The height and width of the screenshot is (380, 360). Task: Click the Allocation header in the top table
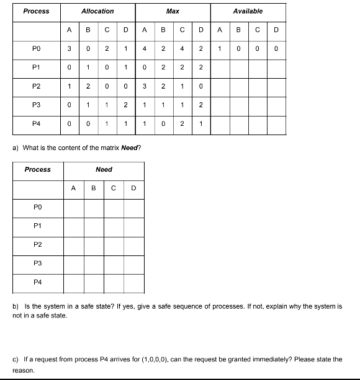pos(97,11)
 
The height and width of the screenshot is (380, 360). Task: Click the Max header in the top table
pos(173,11)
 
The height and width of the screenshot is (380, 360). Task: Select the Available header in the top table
pos(248,11)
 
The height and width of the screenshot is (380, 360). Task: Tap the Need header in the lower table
pos(104,169)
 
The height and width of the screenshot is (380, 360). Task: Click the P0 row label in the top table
pos(36,48)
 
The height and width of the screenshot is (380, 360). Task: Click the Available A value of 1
pos(220,48)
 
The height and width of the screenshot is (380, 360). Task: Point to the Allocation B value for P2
pos(88,86)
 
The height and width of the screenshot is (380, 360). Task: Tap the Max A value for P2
pos(145,86)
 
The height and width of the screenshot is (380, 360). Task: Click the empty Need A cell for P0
pos(74,206)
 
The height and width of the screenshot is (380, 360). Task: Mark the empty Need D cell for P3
pos(133,263)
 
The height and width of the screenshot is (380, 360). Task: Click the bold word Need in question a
pos(132,147)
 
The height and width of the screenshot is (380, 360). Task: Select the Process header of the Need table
pos(37,169)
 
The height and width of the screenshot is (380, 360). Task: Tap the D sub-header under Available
pos(276,29)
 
